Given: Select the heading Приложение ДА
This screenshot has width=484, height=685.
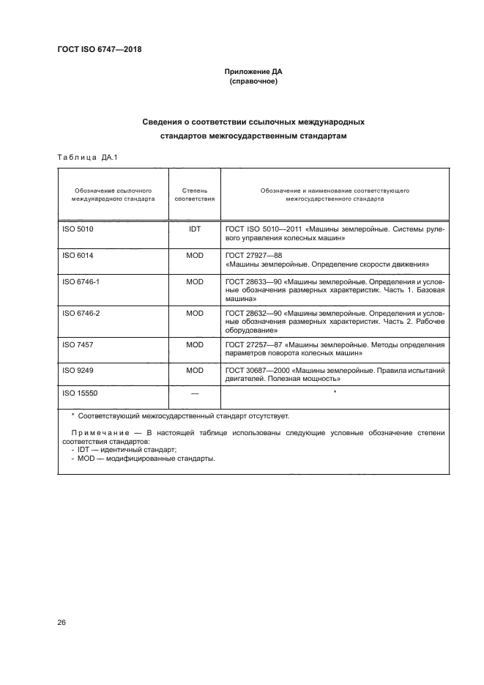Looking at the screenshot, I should pyautogui.click(x=253, y=73).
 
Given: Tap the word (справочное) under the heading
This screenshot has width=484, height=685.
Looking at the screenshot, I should pyautogui.click(x=253, y=82).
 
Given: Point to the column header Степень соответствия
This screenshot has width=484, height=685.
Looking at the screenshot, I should pyautogui.click(x=195, y=194).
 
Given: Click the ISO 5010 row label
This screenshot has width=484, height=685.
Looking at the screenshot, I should pyautogui.click(x=78, y=229).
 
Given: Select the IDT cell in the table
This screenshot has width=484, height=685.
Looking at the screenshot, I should pyautogui.click(x=195, y=229).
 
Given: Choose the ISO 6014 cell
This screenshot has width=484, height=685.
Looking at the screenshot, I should pyautogui.click(x=78, y=255).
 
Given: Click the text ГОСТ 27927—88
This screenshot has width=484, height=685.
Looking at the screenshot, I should pyautogui.click(x=248, y=255).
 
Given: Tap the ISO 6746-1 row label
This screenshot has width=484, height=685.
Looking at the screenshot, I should pyautogui.click(x=81, y=281).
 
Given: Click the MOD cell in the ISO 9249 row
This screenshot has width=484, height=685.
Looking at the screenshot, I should pyautogui.click(x=195, y=371).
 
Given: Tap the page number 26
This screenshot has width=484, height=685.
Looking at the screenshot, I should pyautogui.click(x=62, y=623).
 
